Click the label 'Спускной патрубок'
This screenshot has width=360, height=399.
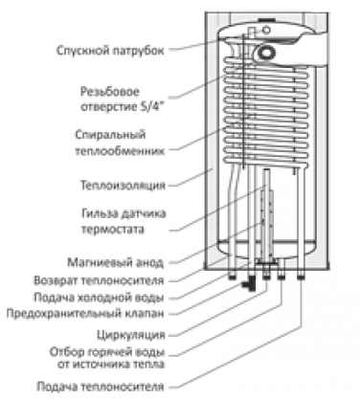pyautogui.click(x=110, y=51)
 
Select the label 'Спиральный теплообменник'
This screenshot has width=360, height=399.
pyautogui.click(x=120, y=143)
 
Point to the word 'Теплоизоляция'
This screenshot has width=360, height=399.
pyautogui.click(x=123, y=186)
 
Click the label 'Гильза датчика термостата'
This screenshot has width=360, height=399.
pyautogui.click(x=124, y=221)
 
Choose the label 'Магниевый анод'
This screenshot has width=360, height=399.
pyautogui.click(x=115, y=262)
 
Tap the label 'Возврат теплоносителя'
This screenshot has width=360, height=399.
pyautogui.click(x=99, y=280)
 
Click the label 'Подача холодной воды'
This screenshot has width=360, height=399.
pyautogui.click(x=99, y=298)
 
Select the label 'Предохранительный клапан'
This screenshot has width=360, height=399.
pyautogui.click(x=85, y=314)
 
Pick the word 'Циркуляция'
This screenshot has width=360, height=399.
pyautogui.click(x=131, y=335)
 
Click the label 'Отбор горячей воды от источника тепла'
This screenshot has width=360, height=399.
pyautogui.click(x=107, y=358)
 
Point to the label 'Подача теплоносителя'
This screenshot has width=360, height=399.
pyautogui.click(x=101, y=387)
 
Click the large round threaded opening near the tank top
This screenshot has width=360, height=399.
pyautogui.click(x=265, y=53)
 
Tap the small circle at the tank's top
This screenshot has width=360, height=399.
pyautogui.click(x=266, y=31)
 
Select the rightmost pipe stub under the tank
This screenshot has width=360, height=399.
pyautogui.click(x=302, y=276)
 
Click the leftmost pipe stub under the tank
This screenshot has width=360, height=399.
pyautogui.click(x=232, y=276)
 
